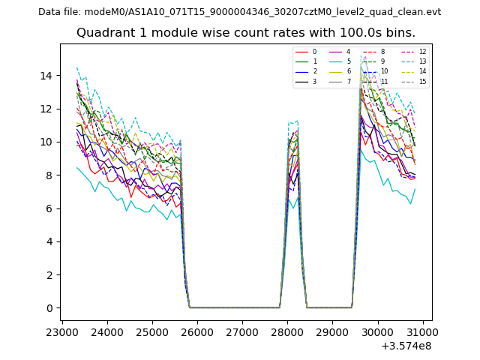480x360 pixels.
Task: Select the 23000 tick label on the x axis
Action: point(62,331)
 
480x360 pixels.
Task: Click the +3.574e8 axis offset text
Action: point(402,346)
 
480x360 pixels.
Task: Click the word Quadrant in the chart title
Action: point(104,33)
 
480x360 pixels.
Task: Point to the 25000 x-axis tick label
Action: point(152,331)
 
